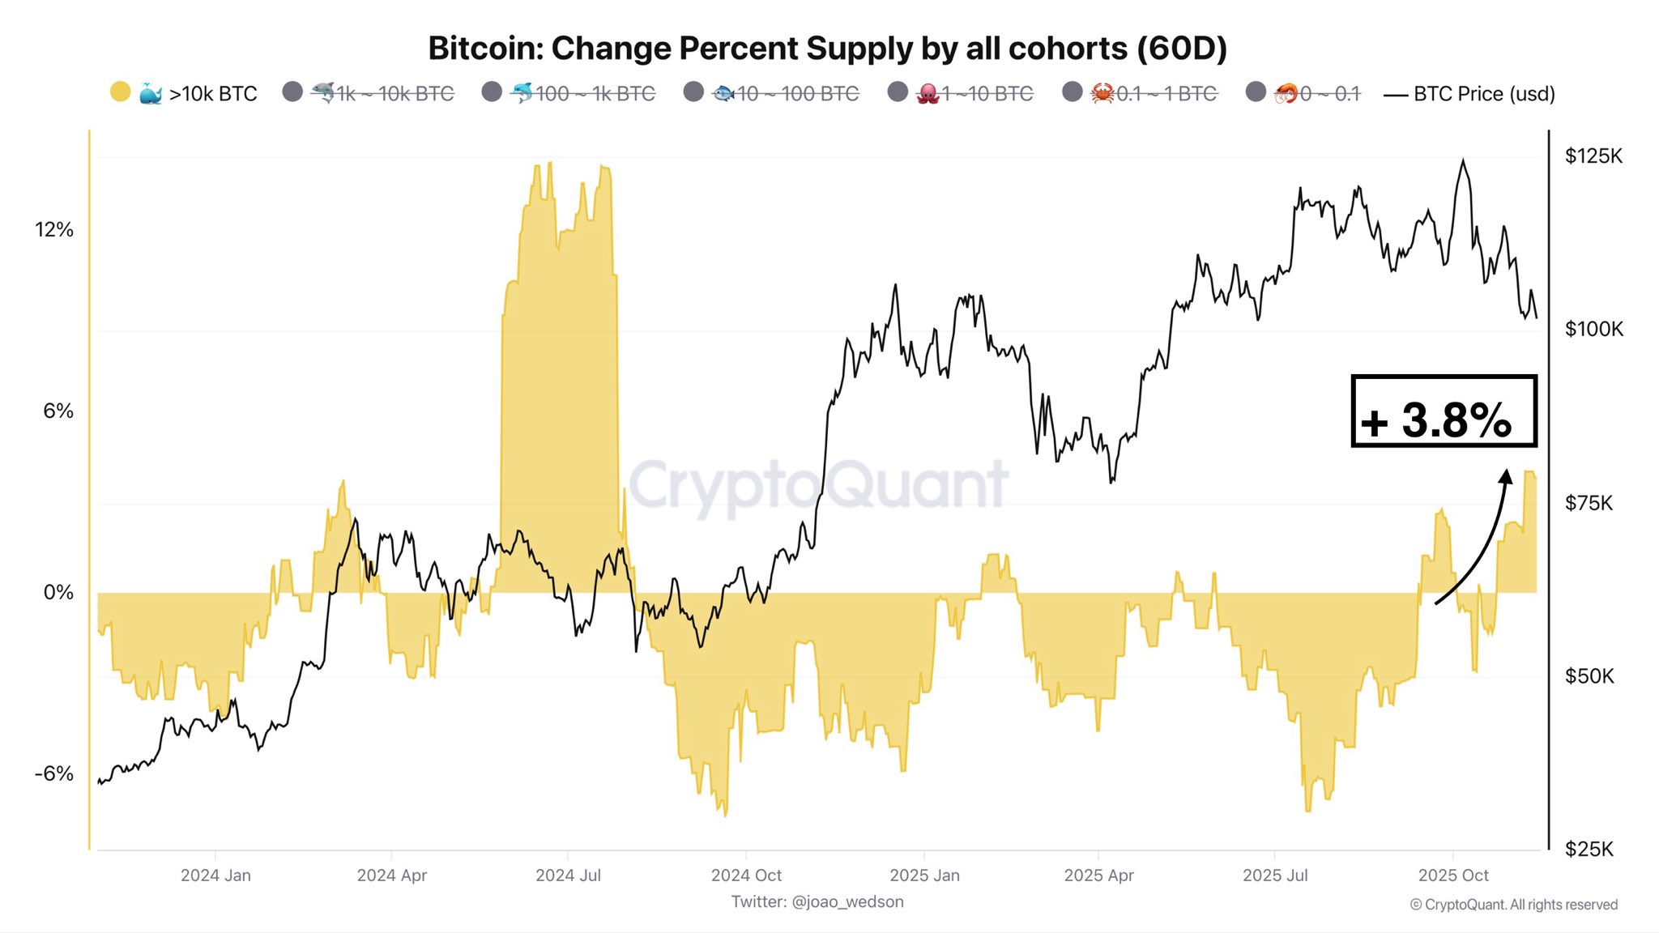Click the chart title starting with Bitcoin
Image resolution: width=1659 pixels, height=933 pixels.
[x=827, y=49]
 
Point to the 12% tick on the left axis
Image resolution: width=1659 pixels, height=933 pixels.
[x=54, y=230]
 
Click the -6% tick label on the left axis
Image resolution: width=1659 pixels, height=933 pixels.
[x=54, y=774]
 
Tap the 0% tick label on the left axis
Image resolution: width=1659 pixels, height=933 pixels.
[x=58, y=593]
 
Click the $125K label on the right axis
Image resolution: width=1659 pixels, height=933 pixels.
[x=1593, y=156]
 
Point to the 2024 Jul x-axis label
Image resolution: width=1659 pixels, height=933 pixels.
[x=568, y=875]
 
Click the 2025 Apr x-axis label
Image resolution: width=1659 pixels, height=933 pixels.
[x=1098, y=875]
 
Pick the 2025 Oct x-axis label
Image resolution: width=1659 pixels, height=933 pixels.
[x=1453, y=875]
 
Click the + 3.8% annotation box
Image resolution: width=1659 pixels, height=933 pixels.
[x=1444, y=411]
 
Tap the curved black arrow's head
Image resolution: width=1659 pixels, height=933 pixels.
[x=1506, y=476]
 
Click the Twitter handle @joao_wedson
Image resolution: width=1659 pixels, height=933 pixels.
[x=817, y=902]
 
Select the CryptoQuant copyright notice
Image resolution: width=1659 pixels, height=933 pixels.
[x=1513, y=905]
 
